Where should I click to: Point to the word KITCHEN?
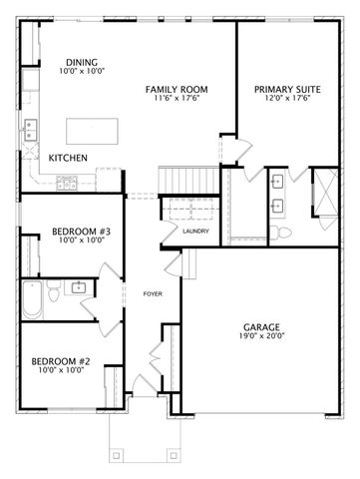[x=67, y=158]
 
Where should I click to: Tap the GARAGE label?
[x=261, y=327]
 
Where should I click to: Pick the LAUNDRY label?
[x=194, y=233]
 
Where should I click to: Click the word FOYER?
[x=153, y=293]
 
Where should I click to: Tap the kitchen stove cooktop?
[x=67, y=181]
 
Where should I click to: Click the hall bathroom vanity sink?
[x=79, y=288]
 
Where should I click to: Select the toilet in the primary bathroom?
[x=284, y=232]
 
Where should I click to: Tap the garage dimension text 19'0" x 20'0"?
[x=261, y=337]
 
